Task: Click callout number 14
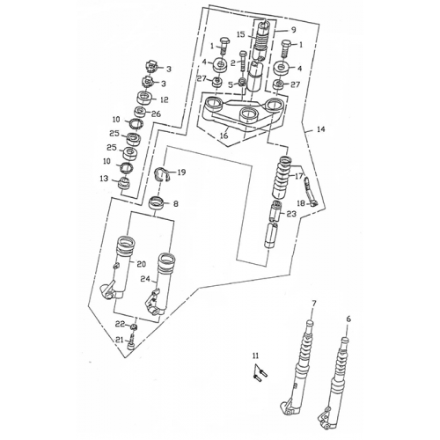[x=321, y=129]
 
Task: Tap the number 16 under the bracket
[x=224, y=136]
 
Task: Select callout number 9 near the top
[x=294, y=30]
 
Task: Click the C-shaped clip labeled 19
[x=162, y=174]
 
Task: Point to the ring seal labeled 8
[x=156, y=203]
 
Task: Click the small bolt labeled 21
[x=132, y=342]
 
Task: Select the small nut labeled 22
[x=134, y=326]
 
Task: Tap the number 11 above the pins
[x=256, y=356]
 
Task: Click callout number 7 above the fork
[x=314, y=304]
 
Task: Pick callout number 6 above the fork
[x=348, y=319]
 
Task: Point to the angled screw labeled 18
[x=310, y=192]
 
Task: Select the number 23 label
[x=291, y=214]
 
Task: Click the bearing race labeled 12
[x=145, y=97]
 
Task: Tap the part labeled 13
[x=124, y=184]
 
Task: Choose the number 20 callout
[x=142, y=264]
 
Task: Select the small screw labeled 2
[x=243, y=61]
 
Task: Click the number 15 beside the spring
[x=240, y=34]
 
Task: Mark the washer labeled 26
[x=140, y=112]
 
